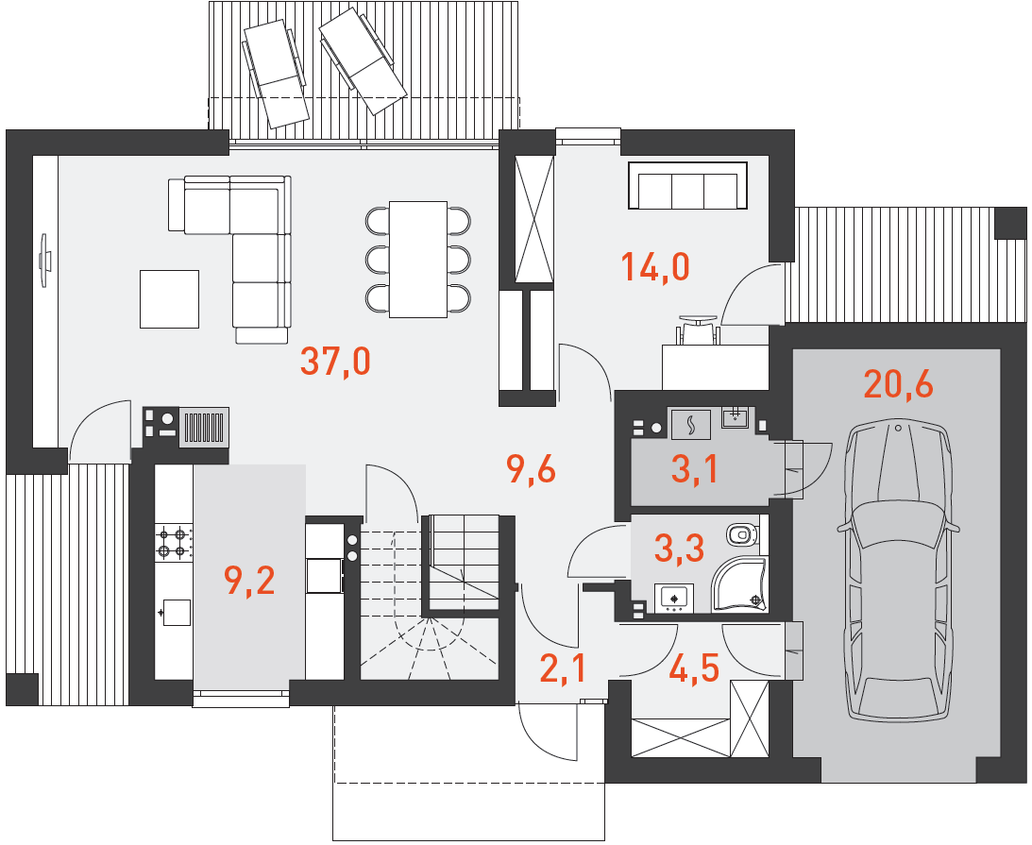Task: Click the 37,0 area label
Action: tap(336, 362)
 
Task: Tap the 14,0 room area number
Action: tap(655, 268)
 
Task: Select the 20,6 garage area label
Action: tap(898, 384)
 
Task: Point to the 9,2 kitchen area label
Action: tap(249, 581)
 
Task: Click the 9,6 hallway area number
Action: tap(532, 470)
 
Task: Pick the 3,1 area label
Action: tap(694, 469)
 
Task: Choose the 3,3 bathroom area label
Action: tap(679, 549)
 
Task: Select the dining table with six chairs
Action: tap(418, 260)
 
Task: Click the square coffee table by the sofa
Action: tap(169, 298)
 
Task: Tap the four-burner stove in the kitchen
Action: tap(174, 542)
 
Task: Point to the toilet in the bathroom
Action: tap(742, 532)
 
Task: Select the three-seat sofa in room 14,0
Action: tap(687, 186)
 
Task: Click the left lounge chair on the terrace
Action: tap(275, 74)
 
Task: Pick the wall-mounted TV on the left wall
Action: tap(44, 260)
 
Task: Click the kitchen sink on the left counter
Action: tap(176, 612)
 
